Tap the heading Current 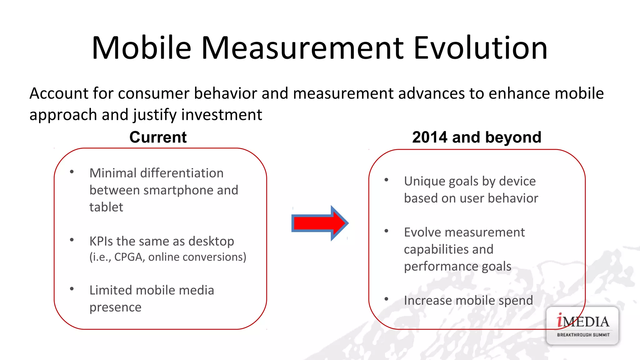click(158, 137)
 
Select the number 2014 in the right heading click(430, 137)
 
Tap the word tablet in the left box click(106, 207)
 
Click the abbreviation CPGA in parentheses click(128, 257)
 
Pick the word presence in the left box click(115, 307)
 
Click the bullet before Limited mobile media click(72, 289)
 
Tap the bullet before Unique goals click(386, 180)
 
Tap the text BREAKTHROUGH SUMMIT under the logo click(583, 335)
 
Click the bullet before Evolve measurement click(386, 231)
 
